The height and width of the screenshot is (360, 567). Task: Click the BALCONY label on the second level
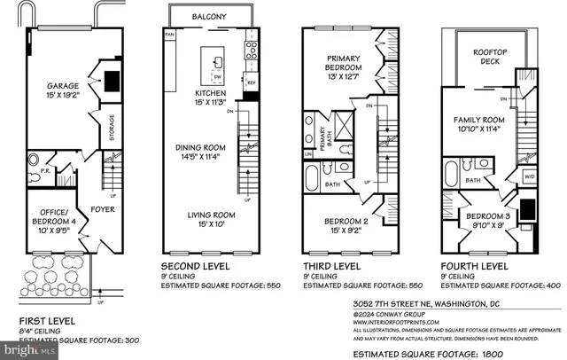pyautogui.click(x=211, y=16)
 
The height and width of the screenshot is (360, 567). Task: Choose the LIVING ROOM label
pyautogui.click(x=210, y=215)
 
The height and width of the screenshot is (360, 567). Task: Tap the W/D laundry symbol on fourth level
pyautogui.click(x=530, y=176)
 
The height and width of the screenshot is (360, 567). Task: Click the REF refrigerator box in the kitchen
pyautogui.click(x=251, y=82)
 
